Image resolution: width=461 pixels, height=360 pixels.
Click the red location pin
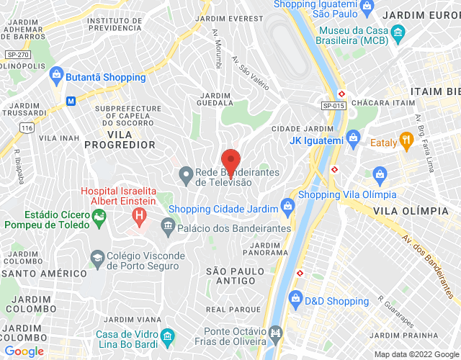coord(230,158)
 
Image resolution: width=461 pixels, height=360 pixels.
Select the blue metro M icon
coord(71,101)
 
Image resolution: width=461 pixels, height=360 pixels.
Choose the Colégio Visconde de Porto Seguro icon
coord(96,257)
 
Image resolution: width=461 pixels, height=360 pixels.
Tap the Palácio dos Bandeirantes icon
coord(167,228)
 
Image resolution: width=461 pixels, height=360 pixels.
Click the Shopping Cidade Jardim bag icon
coord(287,209)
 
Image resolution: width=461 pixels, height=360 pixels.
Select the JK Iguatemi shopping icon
coord(353,137)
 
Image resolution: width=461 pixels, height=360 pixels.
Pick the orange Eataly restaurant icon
coord(406,141)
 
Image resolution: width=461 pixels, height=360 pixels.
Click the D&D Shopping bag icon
coord(294,299)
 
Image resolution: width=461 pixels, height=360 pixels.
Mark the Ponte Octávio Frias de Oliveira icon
coord(275,333)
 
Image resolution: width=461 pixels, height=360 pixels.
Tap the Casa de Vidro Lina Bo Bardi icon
coord(167,336)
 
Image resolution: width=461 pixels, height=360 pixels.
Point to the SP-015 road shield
coord(334,106)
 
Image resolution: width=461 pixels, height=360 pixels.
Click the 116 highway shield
coord(27,127)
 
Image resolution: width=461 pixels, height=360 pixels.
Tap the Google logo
coord(24,351)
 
